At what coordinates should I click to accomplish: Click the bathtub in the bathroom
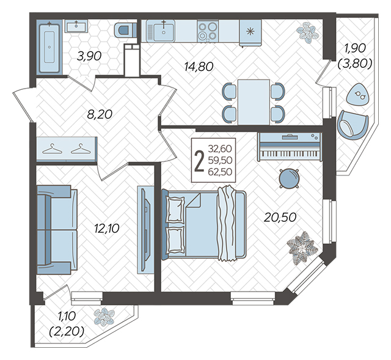click(49, 47)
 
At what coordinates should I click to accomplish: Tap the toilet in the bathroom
click(125, 30)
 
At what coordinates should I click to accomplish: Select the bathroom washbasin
click(76, 26)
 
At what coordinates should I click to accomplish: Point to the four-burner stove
click(208, 31)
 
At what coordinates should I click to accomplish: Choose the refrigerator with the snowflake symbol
click(250, 33)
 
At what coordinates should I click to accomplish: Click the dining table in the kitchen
click(254, 102)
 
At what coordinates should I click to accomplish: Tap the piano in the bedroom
click(290, 147)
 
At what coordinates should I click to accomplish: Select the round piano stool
click(289, 178)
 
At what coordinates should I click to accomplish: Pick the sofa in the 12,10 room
click(57, 230)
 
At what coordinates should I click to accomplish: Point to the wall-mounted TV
click(146, 230)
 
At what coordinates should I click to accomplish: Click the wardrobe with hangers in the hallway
click(67, 149)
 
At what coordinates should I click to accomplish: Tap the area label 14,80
click(199, 67)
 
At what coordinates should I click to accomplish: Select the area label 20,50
click(280, 218)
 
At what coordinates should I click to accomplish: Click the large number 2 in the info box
click(199, 160)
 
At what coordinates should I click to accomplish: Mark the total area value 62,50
click(220, 172)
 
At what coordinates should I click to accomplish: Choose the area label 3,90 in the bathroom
click(89, 56)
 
